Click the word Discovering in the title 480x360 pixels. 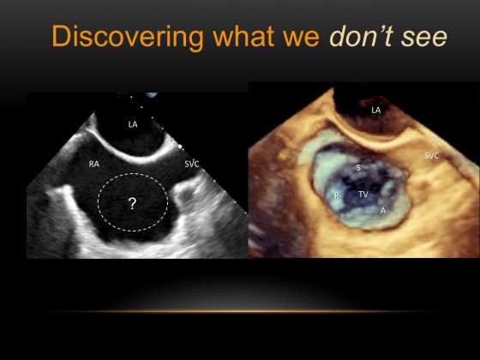pyautogui.click(x=128, y=37)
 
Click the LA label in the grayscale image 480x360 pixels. pyautogui.click(x=133, y=124)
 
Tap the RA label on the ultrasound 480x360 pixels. pyautogui.click(x=94, y=165)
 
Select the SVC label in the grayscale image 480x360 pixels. pyautogui.click(x=192, y=165)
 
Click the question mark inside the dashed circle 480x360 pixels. pyautogui.click(x=132, y=204)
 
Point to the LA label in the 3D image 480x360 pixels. pyautogui.click(x=376, y=111)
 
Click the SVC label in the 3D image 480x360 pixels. pyautogui.click(x=432, y=156)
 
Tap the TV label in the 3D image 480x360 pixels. pyautogui.click(x=363, y=195)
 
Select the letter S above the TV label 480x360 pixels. pyautogui.click(x=358, y=168)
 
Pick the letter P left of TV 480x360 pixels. pyautogui.click(x=337, y=195)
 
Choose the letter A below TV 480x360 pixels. pyautogui.click(x=383, y=211)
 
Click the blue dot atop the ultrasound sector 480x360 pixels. pyautogui.click(x=151, y=94)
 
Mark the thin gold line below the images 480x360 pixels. pyautogui.click(x=240, y=312)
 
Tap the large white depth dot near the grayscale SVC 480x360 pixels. pyautogui.click(x=180, y=147)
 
